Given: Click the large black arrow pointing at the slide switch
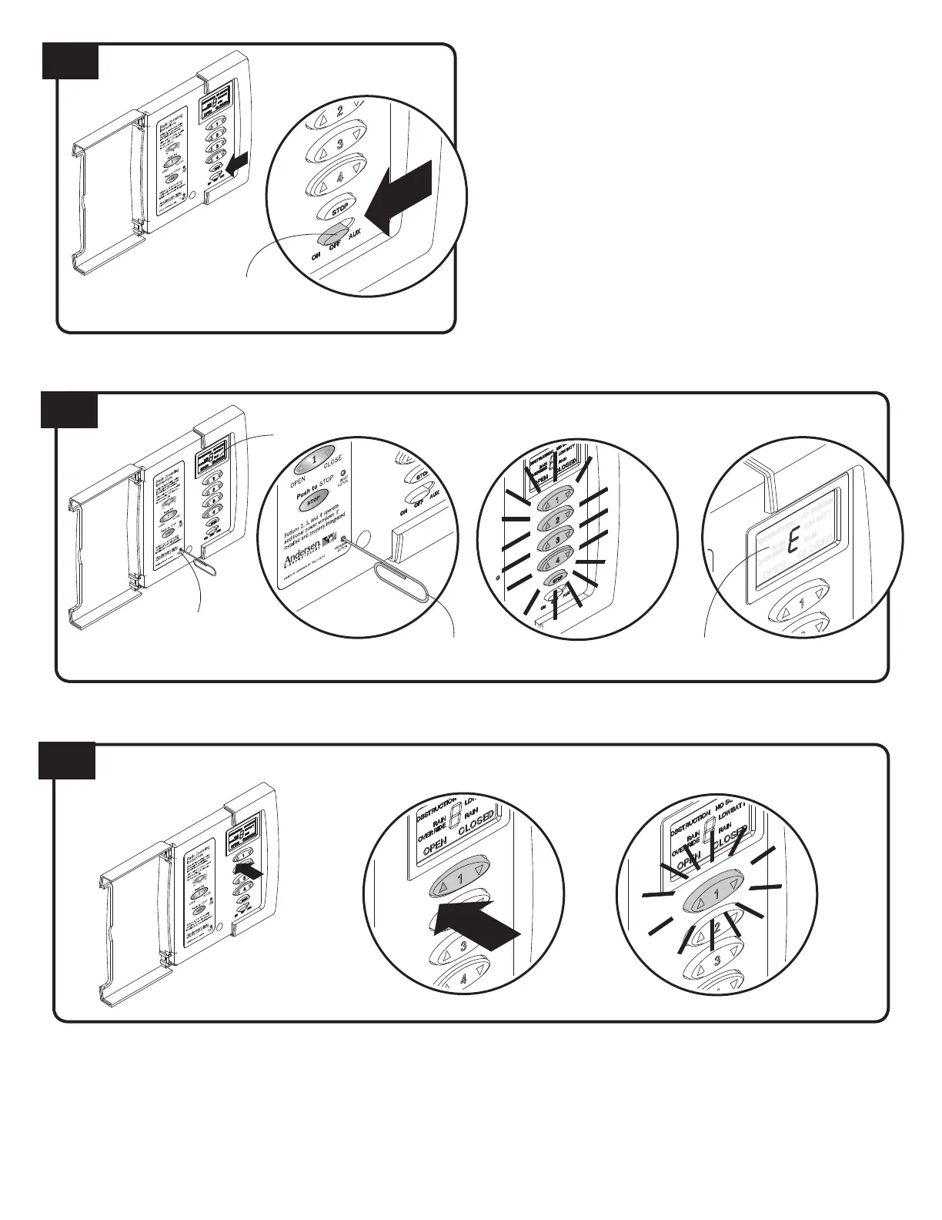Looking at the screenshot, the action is pyautogui.click(x=399, y=196).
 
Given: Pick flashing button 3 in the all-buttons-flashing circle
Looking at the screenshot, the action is pyautogui.click(x=557, y=541).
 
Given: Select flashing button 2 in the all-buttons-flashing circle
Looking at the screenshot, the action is pyautogui.click(x=557, y=520).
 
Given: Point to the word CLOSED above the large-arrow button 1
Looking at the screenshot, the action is pyautogui.click(x=476, y=825).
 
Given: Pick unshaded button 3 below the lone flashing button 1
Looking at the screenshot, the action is pyautogui.click(x=717, y=960).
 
